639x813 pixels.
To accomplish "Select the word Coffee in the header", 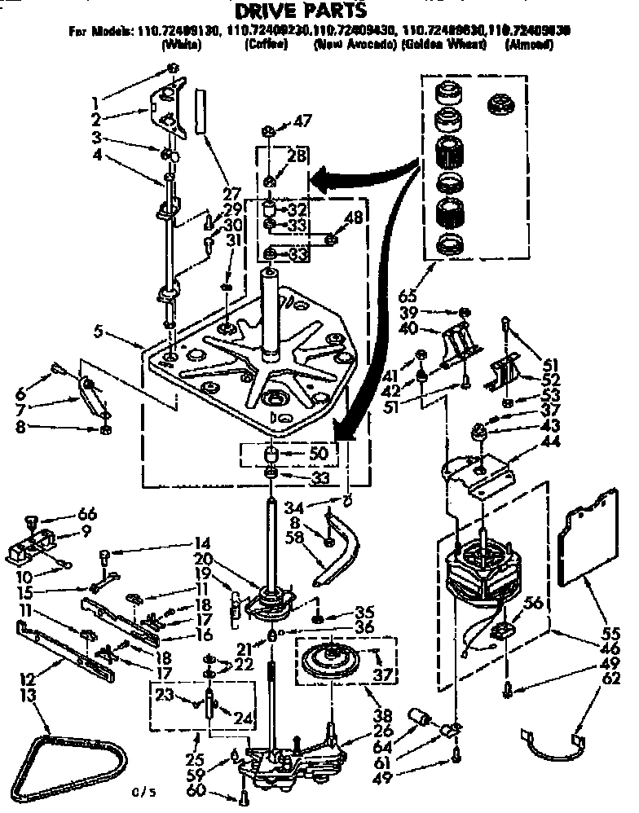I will click(x=265, y=46).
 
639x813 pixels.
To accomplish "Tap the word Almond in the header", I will click(x=529, y=46).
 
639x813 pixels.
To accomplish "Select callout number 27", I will click(x=232, y=194).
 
